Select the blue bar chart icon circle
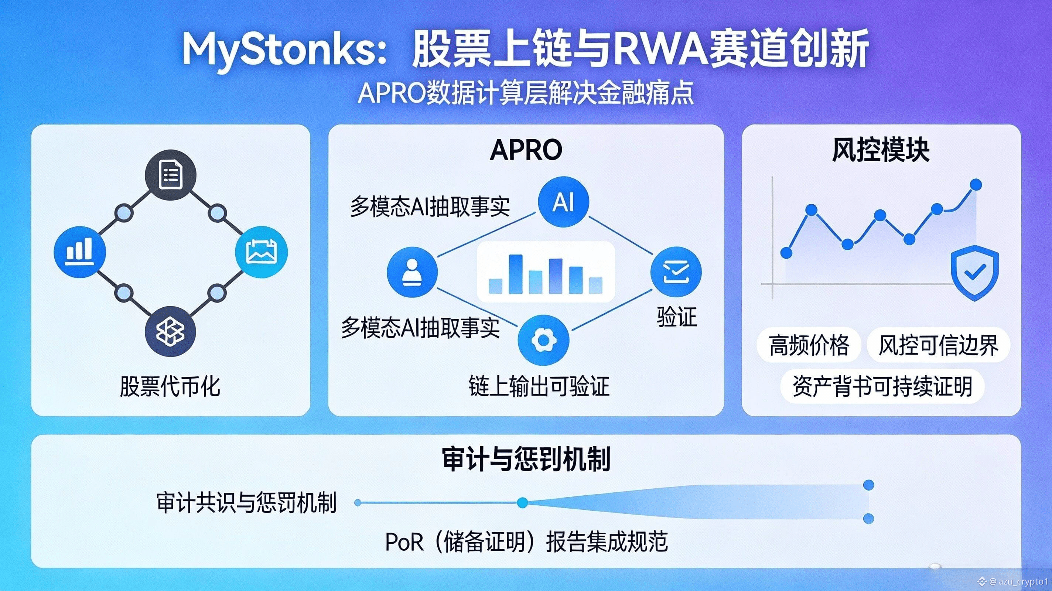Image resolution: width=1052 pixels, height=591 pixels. [x=80, y=252]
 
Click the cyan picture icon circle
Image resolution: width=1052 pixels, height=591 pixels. [x=262, y=252]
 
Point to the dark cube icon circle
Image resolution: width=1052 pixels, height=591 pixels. [x=171, y=331]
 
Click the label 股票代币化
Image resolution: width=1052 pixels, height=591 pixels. [x=170, y=386]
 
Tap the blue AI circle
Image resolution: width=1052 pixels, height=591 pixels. [x=564, y=202]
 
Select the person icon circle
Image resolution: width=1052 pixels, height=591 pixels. [x=413, y=271]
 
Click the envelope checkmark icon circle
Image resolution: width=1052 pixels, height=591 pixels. [x=676, y=272]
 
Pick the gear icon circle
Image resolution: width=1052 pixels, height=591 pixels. [x=543, y=339]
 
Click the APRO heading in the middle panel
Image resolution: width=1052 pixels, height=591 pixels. [x=526, y=150]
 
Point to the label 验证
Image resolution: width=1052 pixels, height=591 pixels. [x=677, y=317]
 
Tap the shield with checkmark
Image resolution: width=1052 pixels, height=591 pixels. [x=974, y=273]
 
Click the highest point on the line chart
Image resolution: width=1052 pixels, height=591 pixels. [x=976, y=185]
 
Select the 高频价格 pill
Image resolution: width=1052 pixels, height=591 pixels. [x=809, y=345]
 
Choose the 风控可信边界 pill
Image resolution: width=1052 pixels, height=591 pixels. [x=939, y=345]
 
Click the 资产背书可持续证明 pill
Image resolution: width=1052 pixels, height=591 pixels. [x=882, y=386]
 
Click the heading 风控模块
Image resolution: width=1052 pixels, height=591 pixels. [x=881, y=150]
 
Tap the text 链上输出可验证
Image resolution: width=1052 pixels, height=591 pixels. [x=539, y=386]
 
